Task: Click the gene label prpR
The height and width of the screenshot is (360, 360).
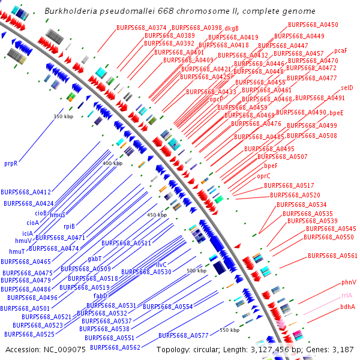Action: (11, 163)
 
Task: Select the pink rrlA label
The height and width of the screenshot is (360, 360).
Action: (347, 295)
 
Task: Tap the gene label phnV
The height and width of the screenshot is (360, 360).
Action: (349, 282)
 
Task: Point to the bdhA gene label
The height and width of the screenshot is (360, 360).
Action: (347, 307)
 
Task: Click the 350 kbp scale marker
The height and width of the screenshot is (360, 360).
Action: (62, 116)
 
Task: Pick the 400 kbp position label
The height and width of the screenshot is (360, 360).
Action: (112, 163)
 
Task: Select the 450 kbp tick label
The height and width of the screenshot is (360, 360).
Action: (157, 215)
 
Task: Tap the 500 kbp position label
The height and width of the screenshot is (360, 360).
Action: (196, 271)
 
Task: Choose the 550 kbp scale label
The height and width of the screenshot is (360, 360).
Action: (229, 330)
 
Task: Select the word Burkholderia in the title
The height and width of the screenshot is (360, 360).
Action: (70, 11)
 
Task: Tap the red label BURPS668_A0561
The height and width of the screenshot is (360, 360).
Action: (332, 256)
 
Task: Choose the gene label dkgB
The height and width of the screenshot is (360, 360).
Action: (232, 28)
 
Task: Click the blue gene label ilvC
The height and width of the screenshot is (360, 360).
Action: (161, 265)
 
